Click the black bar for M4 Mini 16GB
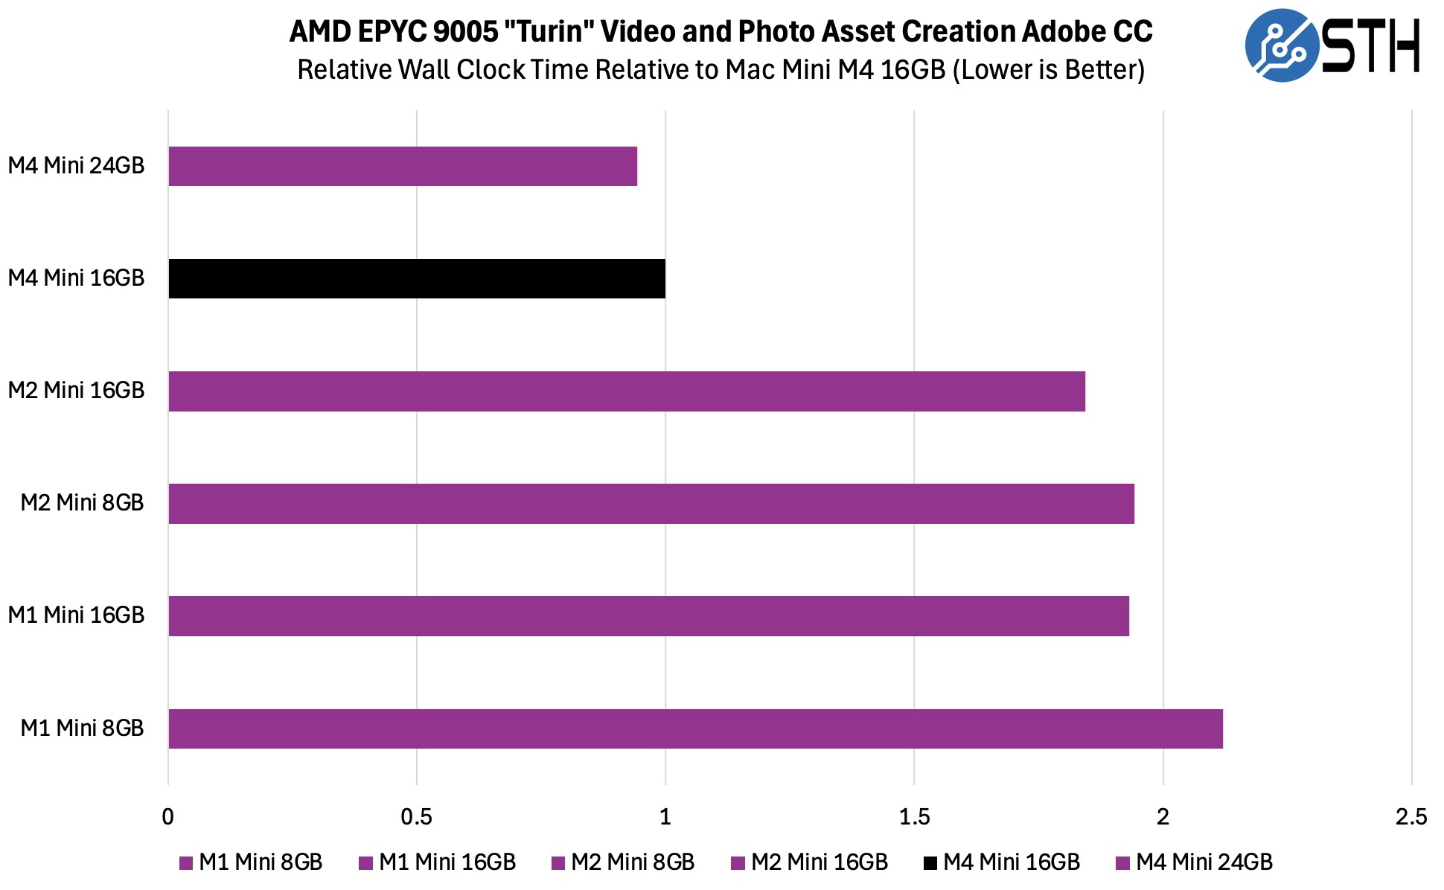pyautogui.click(x=417, y=279)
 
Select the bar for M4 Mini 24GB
pyautogui.click(x=403, y=166)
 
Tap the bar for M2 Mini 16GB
pyautogui.click(x=627, y=391)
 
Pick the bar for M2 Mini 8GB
pyautogui.click(x=651, y=504)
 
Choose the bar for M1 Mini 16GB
pyautogui.click(x=648, y=616)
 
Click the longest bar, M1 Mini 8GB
pyautogui.click(x=695, y=729)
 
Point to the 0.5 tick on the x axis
pyautogui.click(x=417, y=817)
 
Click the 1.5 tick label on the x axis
pyautogui.click(x=914, y=817)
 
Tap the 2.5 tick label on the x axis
pyautogui.click(x=1411, y=817)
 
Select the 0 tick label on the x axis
pyautogui.click(x=168, y=817)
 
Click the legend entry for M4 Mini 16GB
pyautogui.click(x=1002, y=862)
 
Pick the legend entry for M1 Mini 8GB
pyautogui.click(x=252, y=862)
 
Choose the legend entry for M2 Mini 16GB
pyautogui.click(x=810, y=862)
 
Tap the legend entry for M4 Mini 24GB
pyautogui.click(x=1195, y=862)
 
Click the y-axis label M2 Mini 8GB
pyautogui.click(x=82, y=503)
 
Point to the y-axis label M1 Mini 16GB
pyautogui.click(x=76, y=615)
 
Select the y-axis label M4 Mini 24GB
pyautogui.click(x=76, y=165)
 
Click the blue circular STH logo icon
pyautogui.click(x=1281, y=45)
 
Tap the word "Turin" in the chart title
pyautogui.click(x=548, y=31)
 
